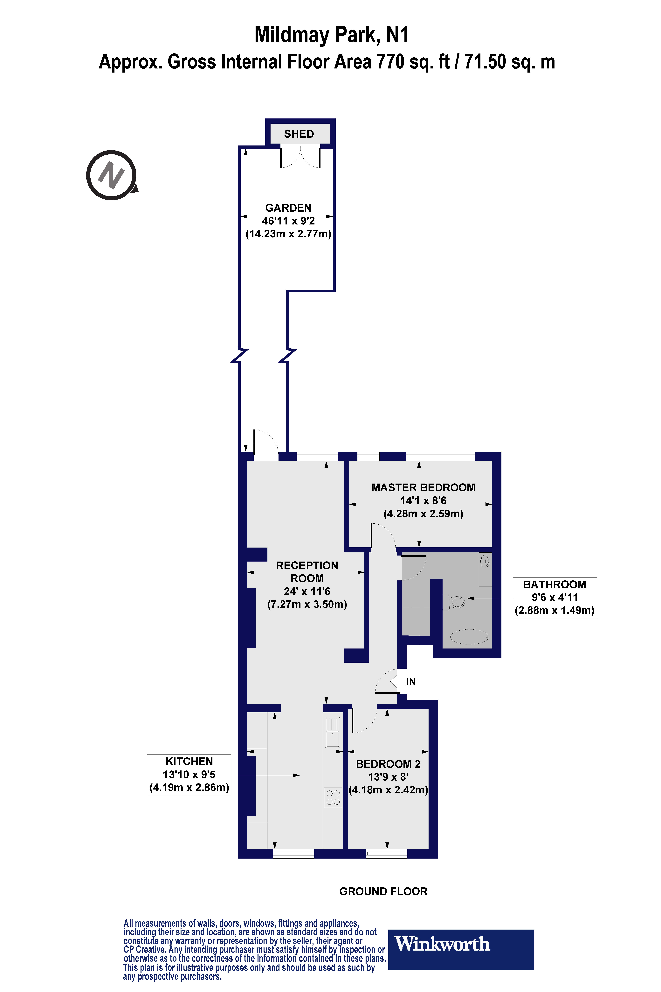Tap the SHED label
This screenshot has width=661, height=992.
coord(299,134)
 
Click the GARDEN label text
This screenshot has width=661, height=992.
coord(288,208)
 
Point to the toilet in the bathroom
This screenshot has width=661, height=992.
coord(455,601)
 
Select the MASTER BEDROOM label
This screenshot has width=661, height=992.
coord(423,488)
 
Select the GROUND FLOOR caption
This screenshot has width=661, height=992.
coord(383,891)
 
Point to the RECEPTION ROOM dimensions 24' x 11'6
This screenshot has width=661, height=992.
coord(307,591)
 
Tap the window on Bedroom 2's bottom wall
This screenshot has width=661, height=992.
coord(387,854)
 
